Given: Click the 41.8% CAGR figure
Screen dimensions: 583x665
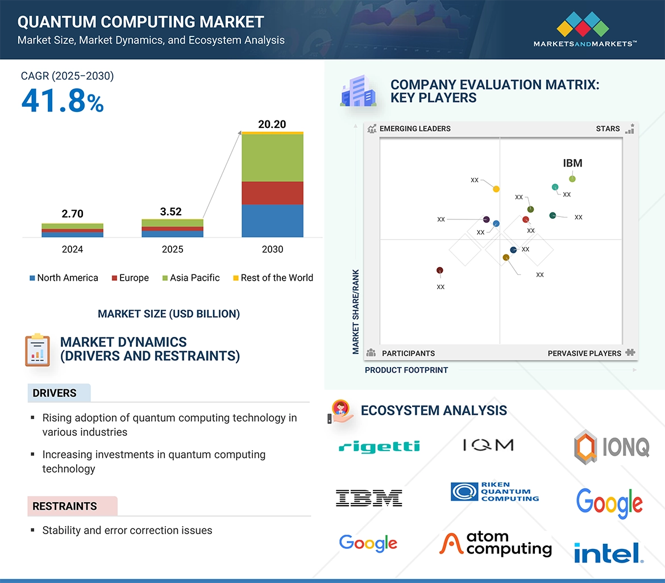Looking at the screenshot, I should click(63, 101).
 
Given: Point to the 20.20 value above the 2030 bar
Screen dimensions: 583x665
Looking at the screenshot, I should click(272, 124).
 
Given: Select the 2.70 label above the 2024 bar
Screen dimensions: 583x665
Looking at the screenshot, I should click(72, 214).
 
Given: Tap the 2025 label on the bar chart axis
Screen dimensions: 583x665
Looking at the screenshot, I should click(172, 249).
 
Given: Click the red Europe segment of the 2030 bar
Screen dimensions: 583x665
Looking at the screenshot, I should click(272, 193).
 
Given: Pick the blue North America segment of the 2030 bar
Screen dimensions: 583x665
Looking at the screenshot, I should click(272, 220).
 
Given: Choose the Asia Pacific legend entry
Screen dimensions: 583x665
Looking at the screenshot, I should click(190, 278).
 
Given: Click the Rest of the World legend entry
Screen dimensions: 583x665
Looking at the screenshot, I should click(273, 278).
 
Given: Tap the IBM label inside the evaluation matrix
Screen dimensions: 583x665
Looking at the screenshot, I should click(572, 164).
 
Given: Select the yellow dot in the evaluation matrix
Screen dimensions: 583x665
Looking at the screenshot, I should click(496, 189).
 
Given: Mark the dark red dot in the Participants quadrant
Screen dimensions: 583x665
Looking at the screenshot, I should click(439, 270).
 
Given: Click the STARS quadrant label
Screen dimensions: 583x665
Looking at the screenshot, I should click(608, 129).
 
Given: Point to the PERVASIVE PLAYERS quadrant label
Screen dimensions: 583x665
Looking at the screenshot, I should click(584, 353).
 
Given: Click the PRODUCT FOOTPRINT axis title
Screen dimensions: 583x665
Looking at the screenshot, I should click(406, 370).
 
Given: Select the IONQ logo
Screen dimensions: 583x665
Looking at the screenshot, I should click(611, 446).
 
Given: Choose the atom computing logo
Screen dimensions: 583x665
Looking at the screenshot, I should click(496, 544).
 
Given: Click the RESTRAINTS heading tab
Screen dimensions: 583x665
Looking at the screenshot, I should click(65, 506).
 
